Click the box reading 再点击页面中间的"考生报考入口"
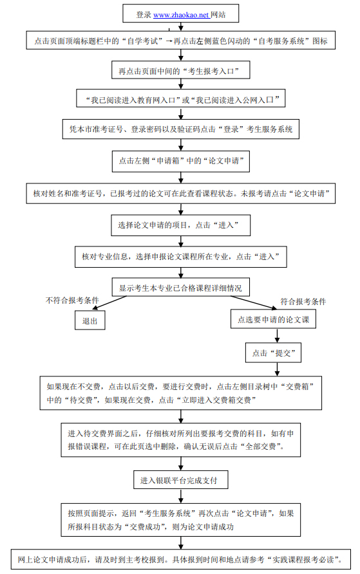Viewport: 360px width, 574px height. [x=180, y=69]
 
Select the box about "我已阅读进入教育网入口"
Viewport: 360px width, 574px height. [x=180, y=100]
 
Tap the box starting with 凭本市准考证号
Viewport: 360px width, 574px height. [x=180, y=129]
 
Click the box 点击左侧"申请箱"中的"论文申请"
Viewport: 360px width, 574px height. [x=180, y=160]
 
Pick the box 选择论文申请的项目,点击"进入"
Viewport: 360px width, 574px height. [x=180, y=225]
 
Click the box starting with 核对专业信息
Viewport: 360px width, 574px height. [x=180, y=256]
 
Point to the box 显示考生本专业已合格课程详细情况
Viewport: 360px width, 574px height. [x=180, y=286]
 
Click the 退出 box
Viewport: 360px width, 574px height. [x=90, y=320]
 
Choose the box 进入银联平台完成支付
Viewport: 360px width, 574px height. [x=180, y=480]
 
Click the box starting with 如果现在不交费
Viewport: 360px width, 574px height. [x=180, y=393]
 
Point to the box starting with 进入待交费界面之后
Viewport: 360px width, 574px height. [x=180, y=440]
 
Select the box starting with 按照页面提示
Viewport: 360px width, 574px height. [x=180, y=519]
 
